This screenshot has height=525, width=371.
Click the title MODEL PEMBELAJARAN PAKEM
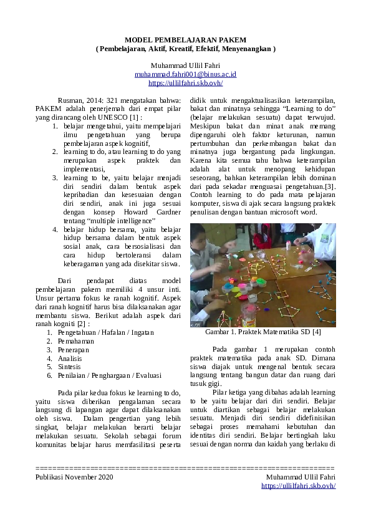185,39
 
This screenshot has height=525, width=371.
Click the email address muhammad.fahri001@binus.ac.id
185,74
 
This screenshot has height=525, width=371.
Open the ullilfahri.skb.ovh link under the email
185,82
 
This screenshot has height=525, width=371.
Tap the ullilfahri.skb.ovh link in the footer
298,486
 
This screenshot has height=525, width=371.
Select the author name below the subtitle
185,65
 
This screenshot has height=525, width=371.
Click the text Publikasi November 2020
75,477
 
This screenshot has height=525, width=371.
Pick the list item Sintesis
70,367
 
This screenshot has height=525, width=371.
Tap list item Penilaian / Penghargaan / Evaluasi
109,376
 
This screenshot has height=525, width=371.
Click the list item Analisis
70,359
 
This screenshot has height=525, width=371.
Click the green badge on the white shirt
325,237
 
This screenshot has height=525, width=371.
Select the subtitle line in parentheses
185,48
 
